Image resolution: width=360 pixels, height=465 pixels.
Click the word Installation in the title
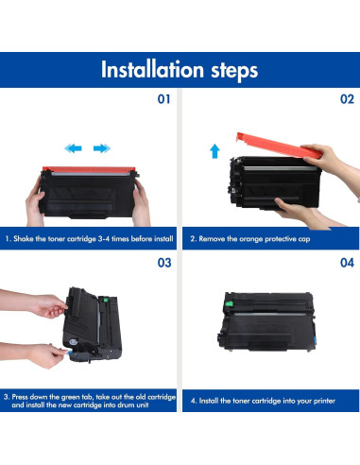pyautogui.click(x=152, y=69)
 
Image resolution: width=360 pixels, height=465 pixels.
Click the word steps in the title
pyautogui.click(x=234, y=71)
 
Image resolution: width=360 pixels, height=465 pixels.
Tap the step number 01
pyautogui.click(x=163, y=99)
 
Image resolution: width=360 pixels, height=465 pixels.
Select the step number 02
pyautogui.click(x=347, y=99)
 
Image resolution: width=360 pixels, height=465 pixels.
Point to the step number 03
pyautogui.click(x=164, y=263)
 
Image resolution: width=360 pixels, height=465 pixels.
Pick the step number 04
pyautogui.click(x=347, y=263)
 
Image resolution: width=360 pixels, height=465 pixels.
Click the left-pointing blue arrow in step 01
pyautogui.click(x=73, y=148)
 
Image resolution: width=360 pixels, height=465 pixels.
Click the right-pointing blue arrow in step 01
pyautogui.click(x=102, y=148)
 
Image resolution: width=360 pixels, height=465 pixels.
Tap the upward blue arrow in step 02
pyautogui.click(x=214, y=151)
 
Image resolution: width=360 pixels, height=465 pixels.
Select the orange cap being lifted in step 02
pyautogui.click(x=279, y=146)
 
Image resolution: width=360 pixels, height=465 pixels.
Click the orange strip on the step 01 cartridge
pyautogui.click(x=89, y=169)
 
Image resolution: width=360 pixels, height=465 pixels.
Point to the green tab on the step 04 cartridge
pyautogui.click(x=229, y=303)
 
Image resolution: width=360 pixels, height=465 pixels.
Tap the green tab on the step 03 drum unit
pyautogui.click(x=106, y=300)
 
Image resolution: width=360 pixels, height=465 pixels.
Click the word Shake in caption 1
pyautogui.click(x=23, y=238)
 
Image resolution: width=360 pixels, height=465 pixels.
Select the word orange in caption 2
pyautogui.click(x=250, y=239)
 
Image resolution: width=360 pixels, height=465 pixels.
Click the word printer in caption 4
pyautogui.click(x=324, y=401)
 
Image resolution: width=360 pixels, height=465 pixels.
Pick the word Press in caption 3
pyautogui.click(x=20, y=397)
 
